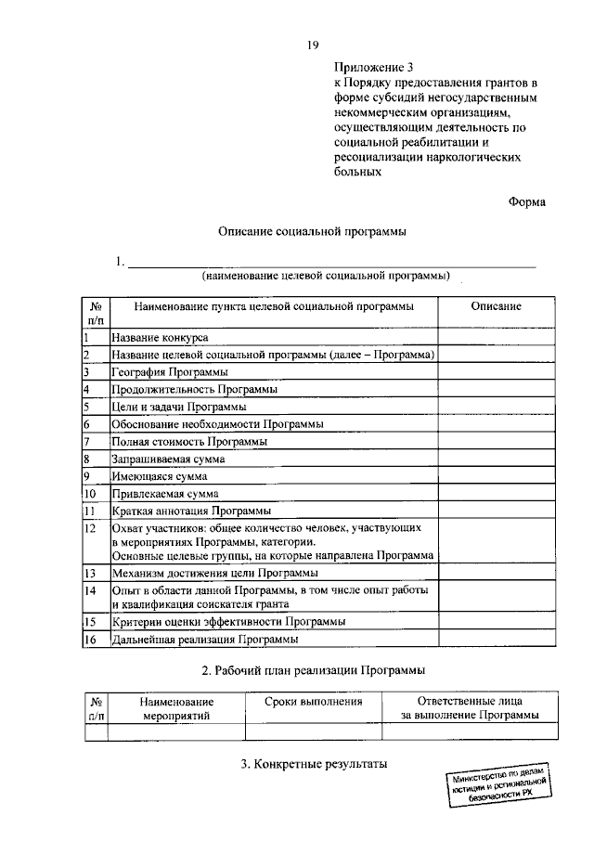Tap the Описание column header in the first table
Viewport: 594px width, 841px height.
point(495,307)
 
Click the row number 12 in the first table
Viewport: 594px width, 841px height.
point(90,528)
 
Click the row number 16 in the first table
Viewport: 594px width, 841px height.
point(90,640)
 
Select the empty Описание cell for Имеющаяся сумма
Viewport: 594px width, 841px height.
point(495,476)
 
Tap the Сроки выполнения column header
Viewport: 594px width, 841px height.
point(312,703)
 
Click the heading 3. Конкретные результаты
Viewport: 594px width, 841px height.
point(313,765)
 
